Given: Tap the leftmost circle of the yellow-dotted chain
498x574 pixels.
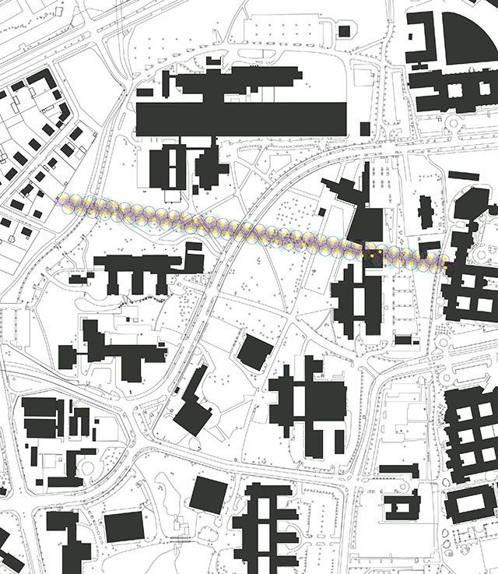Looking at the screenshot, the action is pyautogui.click(x=64, y=202).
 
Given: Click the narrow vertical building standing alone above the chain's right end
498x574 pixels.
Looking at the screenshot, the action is pyautogui.click(x=425, y=213).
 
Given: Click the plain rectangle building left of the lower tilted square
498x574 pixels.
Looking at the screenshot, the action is pyautogui.click(x=124, y=527).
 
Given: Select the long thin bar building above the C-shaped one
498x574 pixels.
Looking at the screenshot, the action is pyautogui.click(x=398, y=470).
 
